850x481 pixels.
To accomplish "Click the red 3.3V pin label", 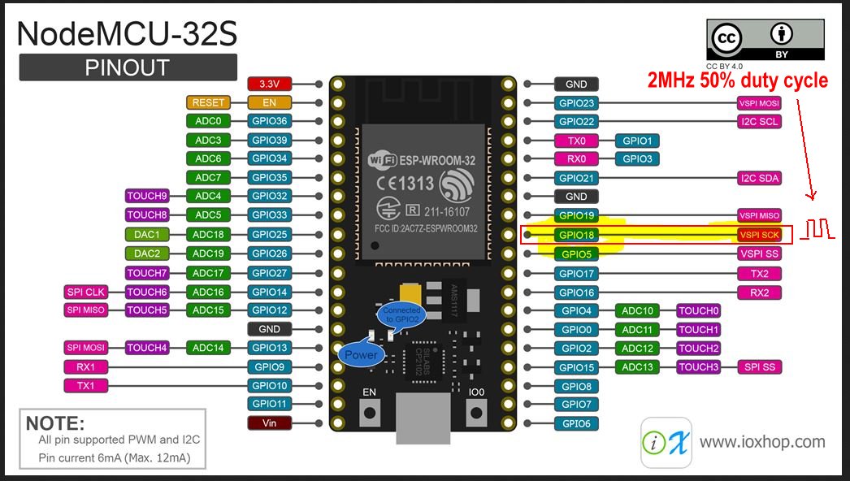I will tap(269, 84).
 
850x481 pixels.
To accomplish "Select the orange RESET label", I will tap(208, 102).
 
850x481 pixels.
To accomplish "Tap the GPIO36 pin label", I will tap(269, 121).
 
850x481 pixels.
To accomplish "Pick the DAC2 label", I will tap(147, 253).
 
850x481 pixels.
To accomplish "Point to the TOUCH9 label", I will tap(147, 196).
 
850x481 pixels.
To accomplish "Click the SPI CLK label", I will tap(85, 292).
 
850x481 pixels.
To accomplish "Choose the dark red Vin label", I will tap(269, 422).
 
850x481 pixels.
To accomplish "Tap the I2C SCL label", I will tap(759, 122).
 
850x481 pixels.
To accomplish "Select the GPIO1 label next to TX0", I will tap(638, 141).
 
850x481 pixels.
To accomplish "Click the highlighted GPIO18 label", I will tap(575, 235).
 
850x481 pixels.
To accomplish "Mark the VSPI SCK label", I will tap(759, 235).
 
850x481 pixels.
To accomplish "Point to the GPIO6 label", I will tap(575, 423).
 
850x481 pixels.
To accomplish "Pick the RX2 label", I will tap(759, 292).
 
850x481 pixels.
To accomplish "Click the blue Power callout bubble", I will tap(361, 354).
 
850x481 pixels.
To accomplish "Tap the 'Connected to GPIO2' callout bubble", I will tap(401, 314).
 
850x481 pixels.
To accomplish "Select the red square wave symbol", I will tap(817, 229).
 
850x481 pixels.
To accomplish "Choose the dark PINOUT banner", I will tap(128, 67).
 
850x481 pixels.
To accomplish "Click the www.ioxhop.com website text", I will tap(762, 442).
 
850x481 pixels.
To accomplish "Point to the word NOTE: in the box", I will tap(55, 423).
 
